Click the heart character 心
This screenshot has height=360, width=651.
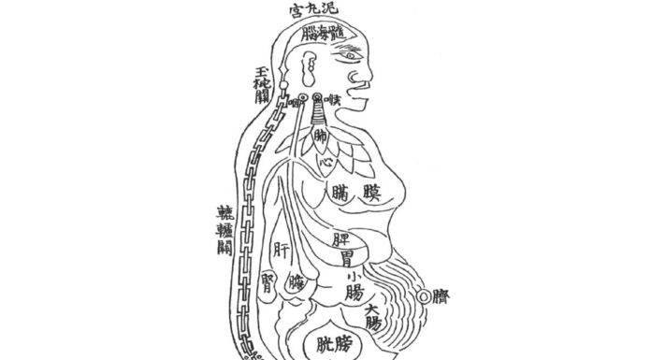click(325, 161)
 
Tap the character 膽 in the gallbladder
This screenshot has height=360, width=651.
click(297, 281)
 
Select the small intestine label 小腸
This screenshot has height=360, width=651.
click(353, 284)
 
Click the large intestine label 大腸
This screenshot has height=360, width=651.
click(372, 316)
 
